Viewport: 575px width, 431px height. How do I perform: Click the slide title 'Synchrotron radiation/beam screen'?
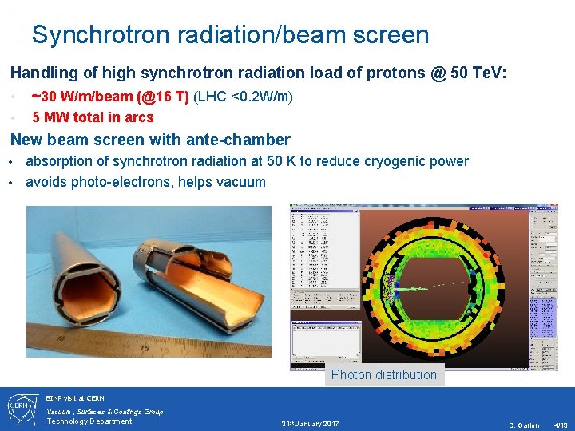[x=230, y=35]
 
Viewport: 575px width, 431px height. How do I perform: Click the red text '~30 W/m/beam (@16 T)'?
[x=109, y=97]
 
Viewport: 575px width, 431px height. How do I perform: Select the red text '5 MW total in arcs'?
[x=93, y=117]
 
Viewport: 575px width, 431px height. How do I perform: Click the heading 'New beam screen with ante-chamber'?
[x=150, y=140]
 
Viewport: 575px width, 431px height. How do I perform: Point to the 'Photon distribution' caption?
[x=384, y=374]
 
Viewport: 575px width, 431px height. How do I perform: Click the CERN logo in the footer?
[x=22, y=409]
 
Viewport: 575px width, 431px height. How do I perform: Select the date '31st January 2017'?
[x=310, y=423]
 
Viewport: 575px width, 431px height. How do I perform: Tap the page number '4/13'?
[x=561, y=425]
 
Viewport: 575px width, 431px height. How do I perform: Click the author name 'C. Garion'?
[x=524, y=425]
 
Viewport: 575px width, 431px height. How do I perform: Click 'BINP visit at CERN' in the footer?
[x=75, y=397]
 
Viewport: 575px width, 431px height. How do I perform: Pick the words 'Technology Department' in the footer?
[x=89, y=421]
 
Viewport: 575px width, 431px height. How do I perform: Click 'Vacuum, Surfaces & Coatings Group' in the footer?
[x=105, y=411]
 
